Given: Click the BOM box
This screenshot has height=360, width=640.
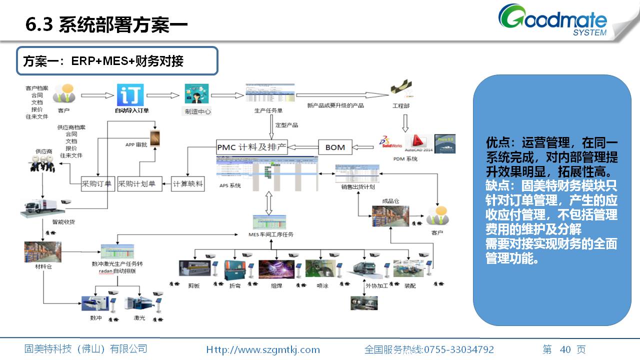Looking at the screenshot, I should pos(335,147).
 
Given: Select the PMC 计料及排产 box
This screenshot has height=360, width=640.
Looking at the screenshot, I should pos(252,147).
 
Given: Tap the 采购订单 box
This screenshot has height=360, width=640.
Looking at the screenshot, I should pos(98,183).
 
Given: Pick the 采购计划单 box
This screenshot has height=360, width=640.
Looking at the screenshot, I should pos(136,183).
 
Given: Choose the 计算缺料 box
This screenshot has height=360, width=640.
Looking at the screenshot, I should pos(187,183).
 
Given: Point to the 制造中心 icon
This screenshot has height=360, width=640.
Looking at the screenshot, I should pos(197,94).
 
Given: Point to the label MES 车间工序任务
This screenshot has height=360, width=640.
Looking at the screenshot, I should pos(270,234).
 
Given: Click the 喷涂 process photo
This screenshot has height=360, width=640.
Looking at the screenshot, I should pos(317,269).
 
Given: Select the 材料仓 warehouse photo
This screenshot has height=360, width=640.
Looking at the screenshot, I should pos(38,252).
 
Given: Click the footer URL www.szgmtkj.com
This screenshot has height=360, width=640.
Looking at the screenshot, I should pos(263,349).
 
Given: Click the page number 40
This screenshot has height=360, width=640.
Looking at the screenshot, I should pos(565,349).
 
